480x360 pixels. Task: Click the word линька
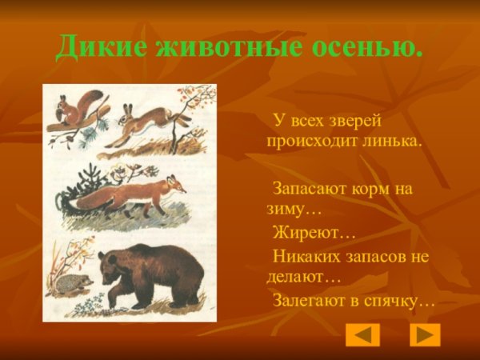(x=390, y=140)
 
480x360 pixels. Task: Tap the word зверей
(x=348, y=121)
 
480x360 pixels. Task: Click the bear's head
(x=111, y=266)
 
